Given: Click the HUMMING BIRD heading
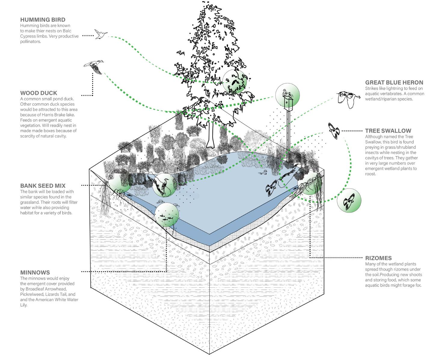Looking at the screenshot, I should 43,20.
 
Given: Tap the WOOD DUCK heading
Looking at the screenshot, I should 38,93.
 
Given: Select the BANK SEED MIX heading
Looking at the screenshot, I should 43,186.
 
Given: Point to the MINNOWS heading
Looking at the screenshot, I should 35,273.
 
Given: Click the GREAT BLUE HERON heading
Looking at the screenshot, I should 394,82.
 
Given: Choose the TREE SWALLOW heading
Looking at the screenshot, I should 388,131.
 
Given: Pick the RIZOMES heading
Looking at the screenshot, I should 378,258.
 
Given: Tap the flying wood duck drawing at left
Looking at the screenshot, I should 94,67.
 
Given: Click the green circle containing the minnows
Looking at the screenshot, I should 167,215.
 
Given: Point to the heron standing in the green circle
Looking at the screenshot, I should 164,185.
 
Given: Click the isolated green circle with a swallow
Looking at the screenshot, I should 349,200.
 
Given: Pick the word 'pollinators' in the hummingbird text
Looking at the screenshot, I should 30,42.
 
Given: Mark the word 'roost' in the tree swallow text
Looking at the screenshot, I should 370,174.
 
